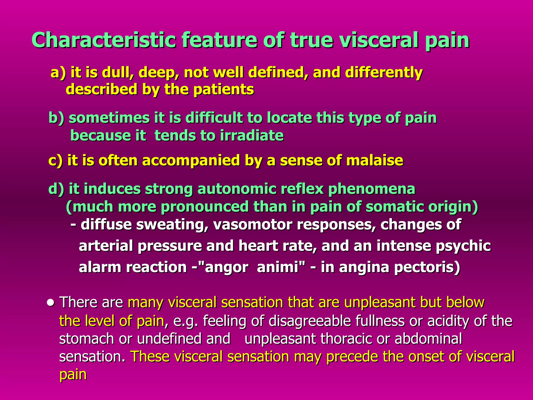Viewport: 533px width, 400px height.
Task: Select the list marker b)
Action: tap(56, 118)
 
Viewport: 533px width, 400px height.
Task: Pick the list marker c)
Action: tap(55, 160)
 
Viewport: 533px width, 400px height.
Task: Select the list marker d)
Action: tap(56, 189)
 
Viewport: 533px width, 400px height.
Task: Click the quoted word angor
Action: tap(226, 267)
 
